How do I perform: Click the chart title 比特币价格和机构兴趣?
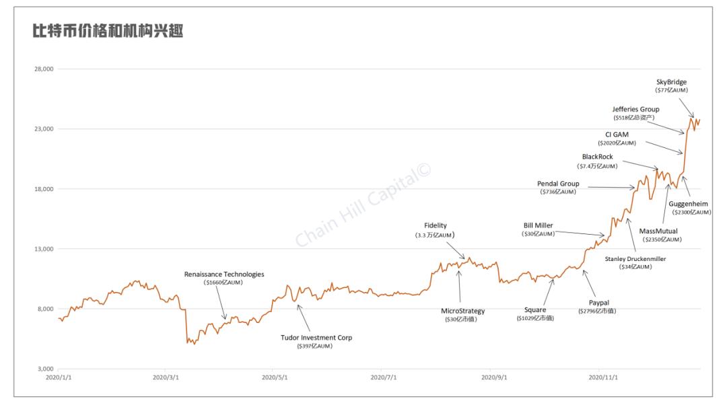(x=108, y=32)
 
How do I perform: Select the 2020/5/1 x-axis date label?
(x=275, y=378)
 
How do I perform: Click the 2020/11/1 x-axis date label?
(x=602, y=378)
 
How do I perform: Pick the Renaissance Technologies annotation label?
(x=224, y=274)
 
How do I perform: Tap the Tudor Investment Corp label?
(x=316, y=338)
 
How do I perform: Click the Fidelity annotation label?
(x=436, y=226)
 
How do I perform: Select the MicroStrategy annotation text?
(x=462, y=311)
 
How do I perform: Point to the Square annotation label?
(x=535, y=310)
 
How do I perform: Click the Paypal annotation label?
(x=598, y=303)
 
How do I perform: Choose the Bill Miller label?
(x=538, y=225)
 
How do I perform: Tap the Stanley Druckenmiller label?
(x=635, y=258)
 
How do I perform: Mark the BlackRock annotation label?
(x=598, y=157)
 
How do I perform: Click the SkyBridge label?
(x=671, y=82)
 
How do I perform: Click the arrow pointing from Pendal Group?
(x=607, y=188)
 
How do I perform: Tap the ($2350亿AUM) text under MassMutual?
(x=660, y=239)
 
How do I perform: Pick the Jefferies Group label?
(x=635, y=109)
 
